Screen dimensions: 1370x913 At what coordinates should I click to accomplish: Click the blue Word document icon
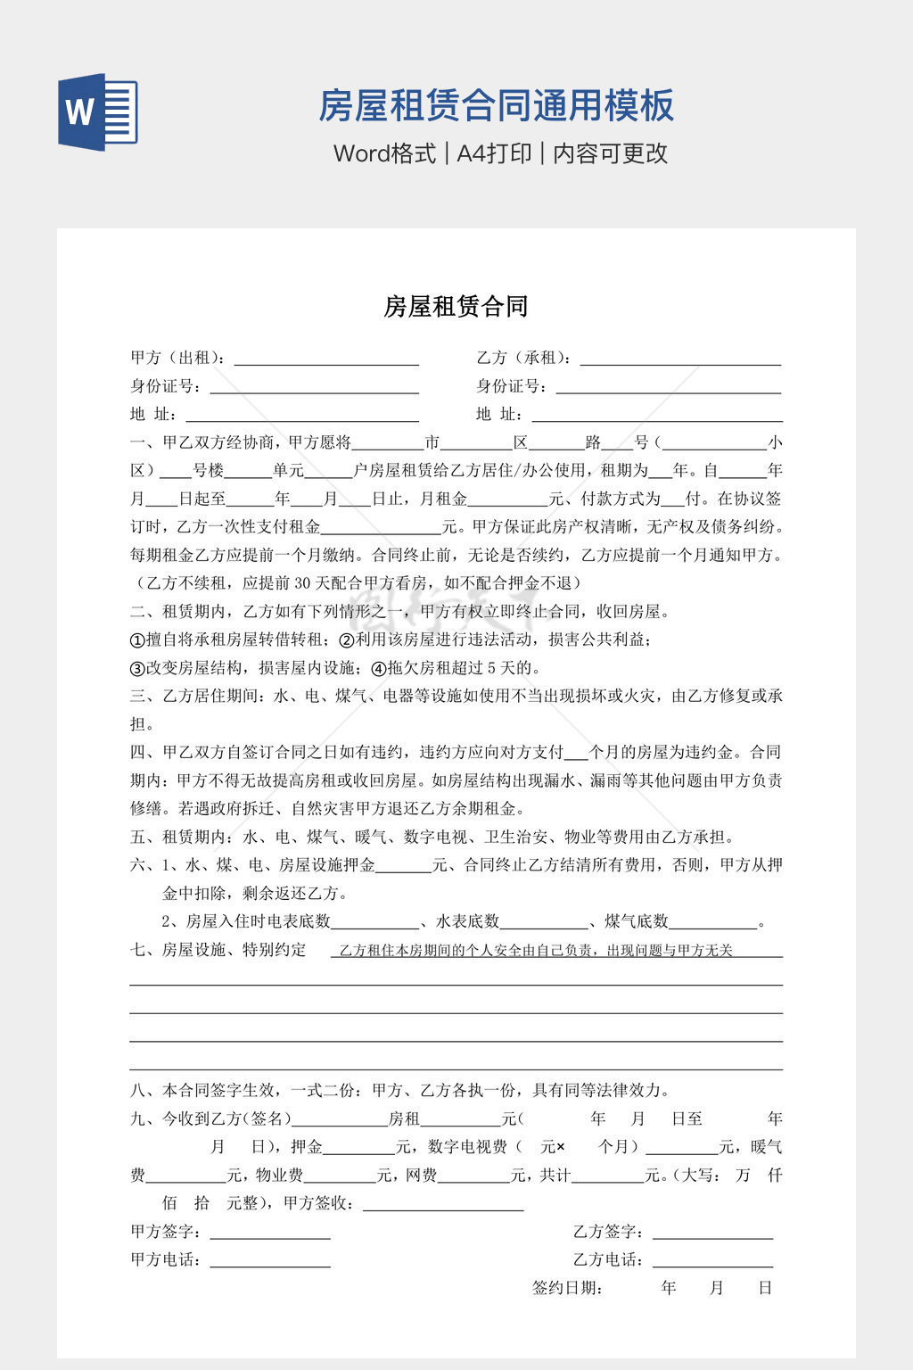pos(98,111)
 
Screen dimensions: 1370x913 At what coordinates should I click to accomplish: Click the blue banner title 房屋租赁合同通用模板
pos(496,105)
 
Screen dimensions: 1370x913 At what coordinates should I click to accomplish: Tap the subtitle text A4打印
pos(494,153)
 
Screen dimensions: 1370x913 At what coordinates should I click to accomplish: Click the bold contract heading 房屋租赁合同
pos(456,307)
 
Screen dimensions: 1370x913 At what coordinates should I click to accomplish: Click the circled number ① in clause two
pos(137,640)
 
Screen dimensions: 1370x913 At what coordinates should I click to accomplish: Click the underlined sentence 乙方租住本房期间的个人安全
pos(536,951)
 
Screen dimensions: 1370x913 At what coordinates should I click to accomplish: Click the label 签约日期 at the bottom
pos(568,1288)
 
